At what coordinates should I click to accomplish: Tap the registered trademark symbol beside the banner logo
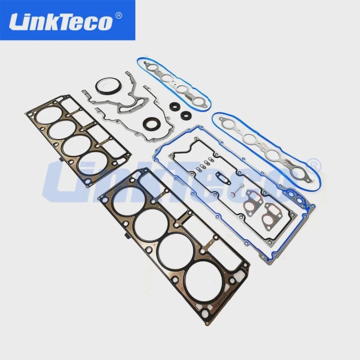[119, 16]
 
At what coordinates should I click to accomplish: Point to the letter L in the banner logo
[18, 22]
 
